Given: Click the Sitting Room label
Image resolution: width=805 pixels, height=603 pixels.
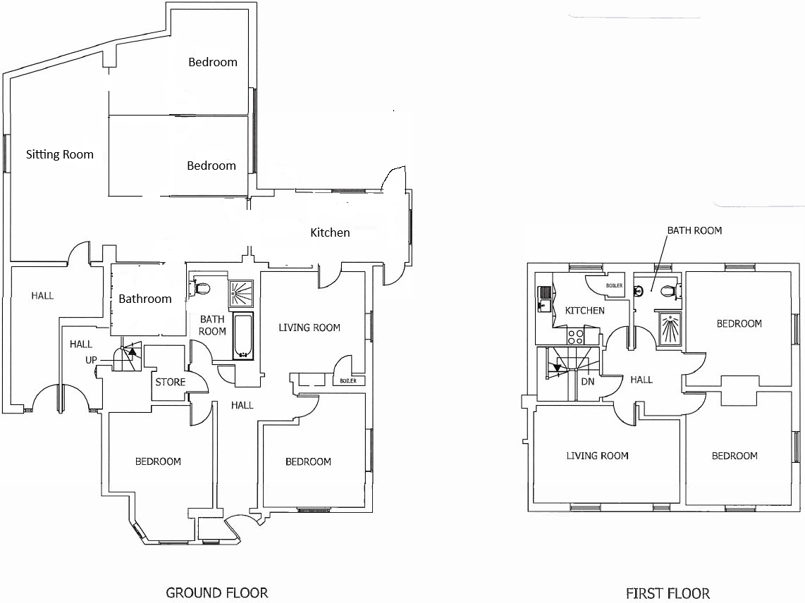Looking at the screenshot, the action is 59,154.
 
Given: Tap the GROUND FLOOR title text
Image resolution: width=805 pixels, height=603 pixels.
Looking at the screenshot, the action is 216,592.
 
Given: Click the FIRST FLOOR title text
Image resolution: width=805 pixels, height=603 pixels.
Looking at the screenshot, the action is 668,593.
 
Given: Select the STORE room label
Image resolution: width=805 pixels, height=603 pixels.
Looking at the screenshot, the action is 170,383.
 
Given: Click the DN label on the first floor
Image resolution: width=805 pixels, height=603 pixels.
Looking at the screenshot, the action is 587,382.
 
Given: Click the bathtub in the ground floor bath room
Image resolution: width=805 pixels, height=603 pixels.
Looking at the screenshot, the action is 242,337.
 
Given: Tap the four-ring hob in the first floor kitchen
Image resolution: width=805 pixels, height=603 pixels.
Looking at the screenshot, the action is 575,336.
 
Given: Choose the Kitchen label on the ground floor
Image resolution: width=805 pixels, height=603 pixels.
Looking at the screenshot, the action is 330,232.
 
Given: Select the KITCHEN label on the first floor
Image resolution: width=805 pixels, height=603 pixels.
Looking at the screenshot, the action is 584,311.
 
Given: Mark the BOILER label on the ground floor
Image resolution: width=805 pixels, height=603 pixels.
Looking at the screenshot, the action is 348,381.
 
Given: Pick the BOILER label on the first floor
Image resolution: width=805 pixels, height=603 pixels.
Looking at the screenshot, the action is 614,285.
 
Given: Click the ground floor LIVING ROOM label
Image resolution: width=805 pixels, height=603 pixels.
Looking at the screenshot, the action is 309,328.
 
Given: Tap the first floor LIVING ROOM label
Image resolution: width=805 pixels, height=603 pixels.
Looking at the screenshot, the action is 597,456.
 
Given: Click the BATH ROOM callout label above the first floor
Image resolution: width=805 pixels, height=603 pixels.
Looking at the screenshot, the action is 694,230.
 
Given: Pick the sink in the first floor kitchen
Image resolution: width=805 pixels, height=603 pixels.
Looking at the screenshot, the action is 545,299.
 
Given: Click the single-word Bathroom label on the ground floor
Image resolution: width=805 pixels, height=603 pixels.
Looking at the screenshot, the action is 145,299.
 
